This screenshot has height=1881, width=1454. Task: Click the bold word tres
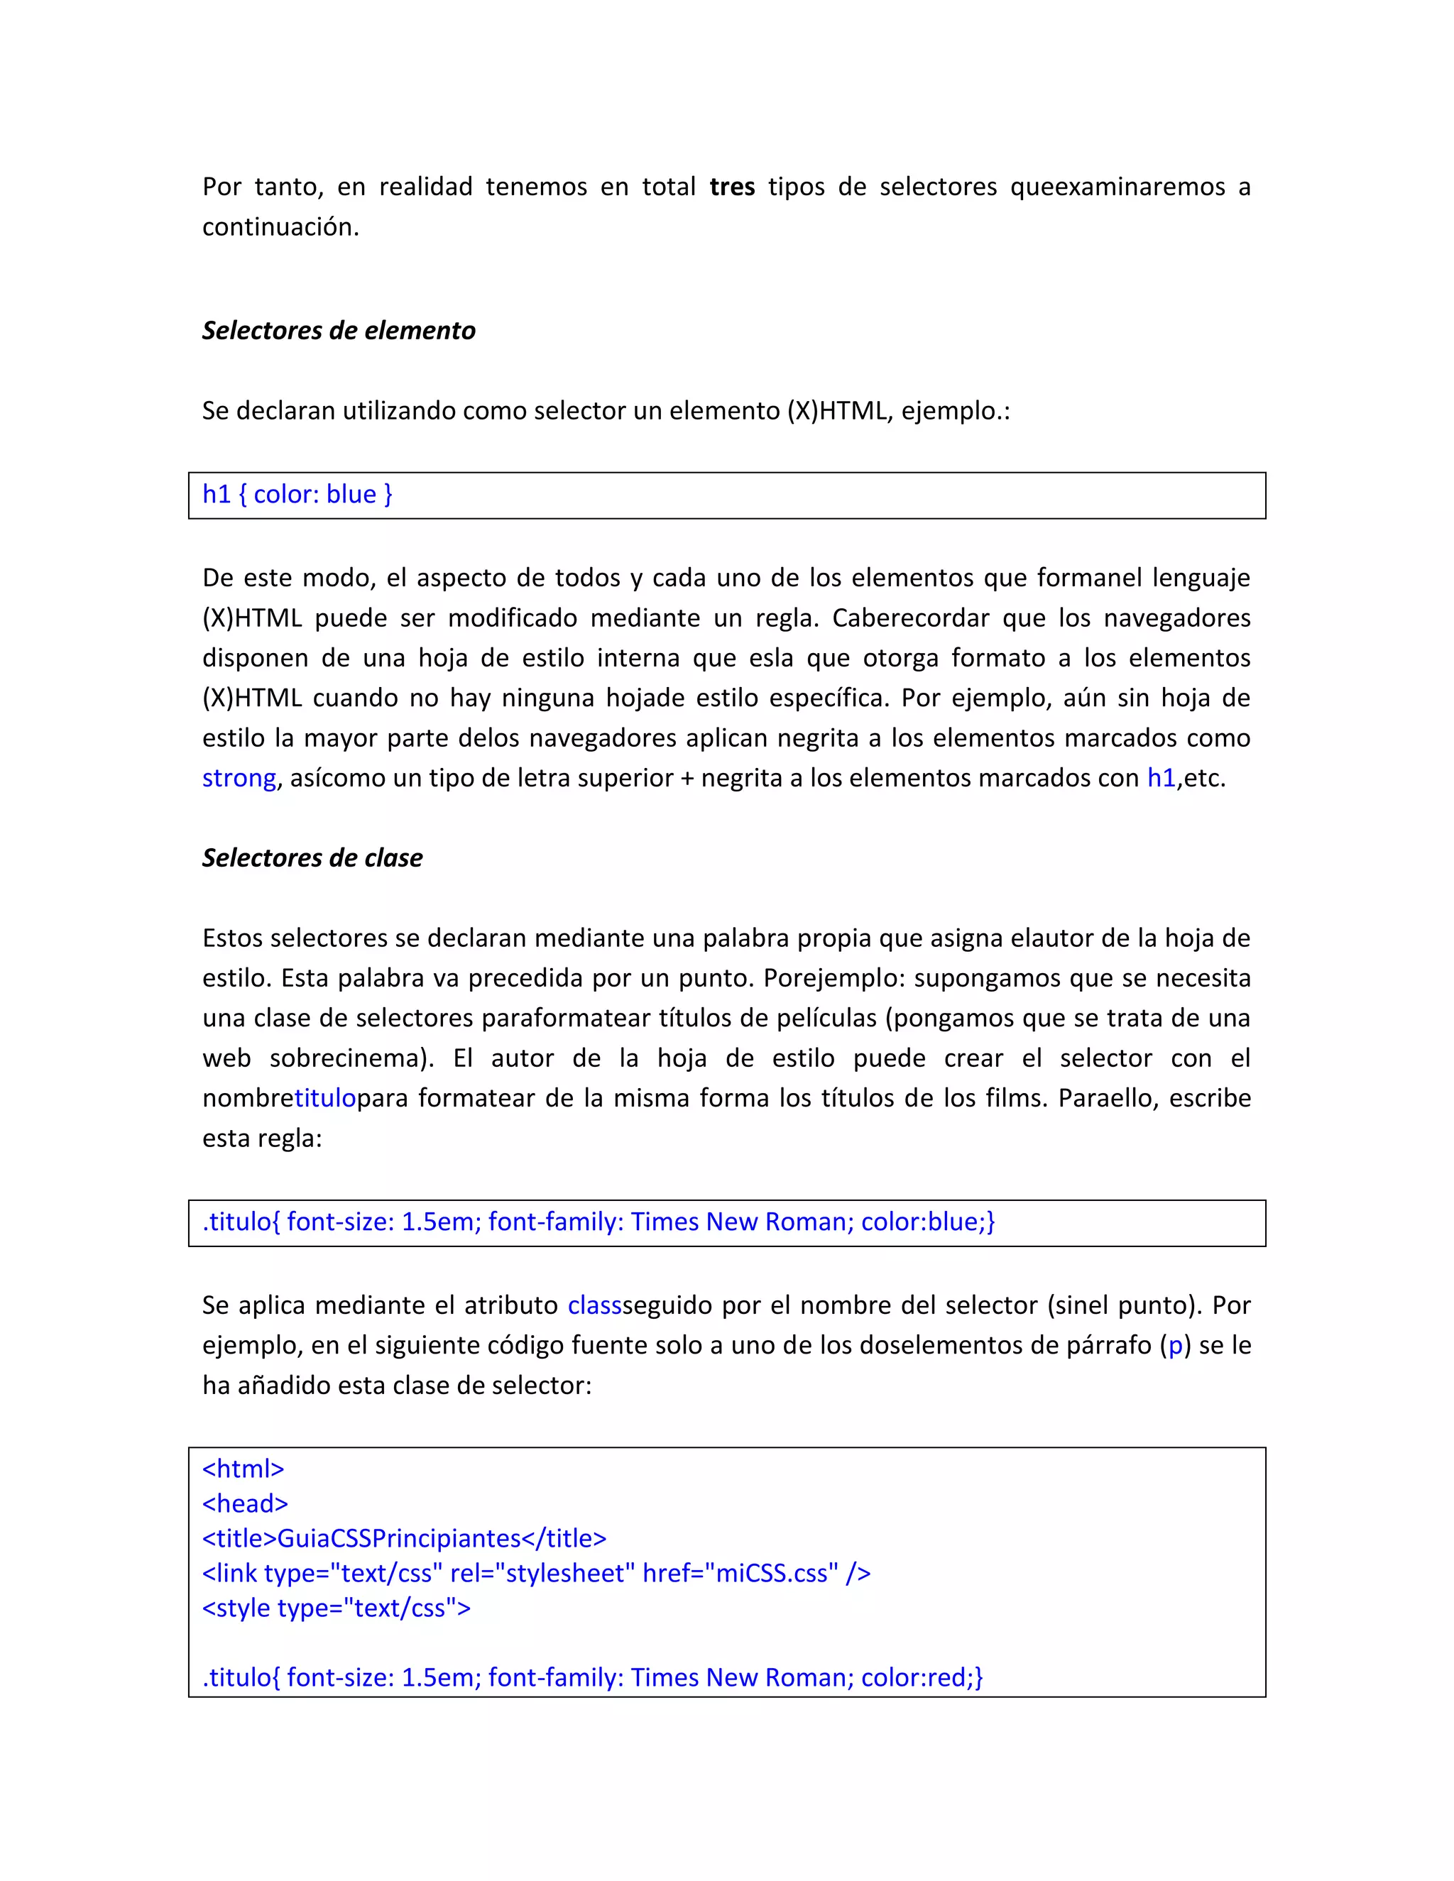731,187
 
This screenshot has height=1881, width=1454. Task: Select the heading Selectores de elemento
339,331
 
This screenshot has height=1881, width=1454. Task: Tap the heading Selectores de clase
312,858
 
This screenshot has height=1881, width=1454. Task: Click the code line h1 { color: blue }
297,494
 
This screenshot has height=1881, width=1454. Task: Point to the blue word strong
239,778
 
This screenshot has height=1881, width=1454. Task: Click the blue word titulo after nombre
324,1098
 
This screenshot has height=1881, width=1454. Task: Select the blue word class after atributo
594,1305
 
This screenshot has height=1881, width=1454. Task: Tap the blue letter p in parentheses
1175,1345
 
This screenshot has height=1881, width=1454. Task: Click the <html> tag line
243,1469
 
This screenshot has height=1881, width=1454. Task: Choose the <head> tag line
245,1504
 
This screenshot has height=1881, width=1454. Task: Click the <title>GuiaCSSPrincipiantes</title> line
404,1538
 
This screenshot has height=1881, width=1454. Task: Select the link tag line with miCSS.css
536,1574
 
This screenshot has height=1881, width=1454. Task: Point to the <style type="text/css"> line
336,1608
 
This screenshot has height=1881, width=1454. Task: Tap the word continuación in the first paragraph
280,227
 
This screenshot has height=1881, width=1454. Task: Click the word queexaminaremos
1117,187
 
